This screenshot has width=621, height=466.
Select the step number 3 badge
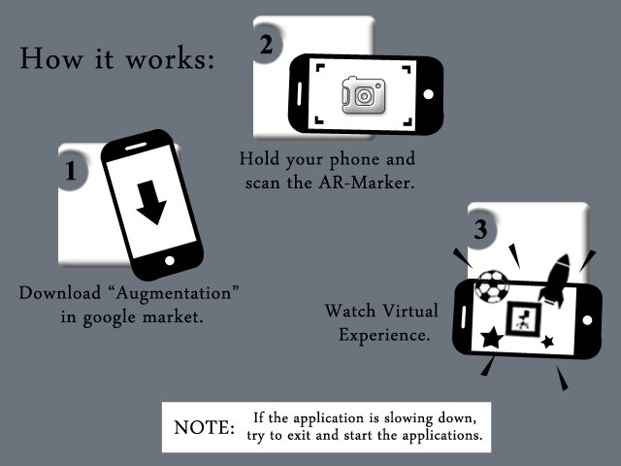[x=481, y=229]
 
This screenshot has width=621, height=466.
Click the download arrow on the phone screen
[x=151, y=202]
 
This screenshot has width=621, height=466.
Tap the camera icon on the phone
[x=364, y=95]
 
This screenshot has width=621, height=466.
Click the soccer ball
[x=492, y=286]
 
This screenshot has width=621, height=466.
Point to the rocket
[x=556, y=281]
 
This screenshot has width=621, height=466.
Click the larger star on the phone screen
[x=492, y=338]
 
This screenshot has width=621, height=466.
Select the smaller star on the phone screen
[x=547, y=341]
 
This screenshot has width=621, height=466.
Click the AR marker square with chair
[x=524, y=319]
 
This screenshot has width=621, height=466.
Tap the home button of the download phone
[x=170, y=261]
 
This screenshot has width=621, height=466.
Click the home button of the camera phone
[x=428, y=94]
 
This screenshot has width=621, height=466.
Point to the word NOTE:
[x=204, y=427]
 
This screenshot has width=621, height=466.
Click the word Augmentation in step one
[x=174, y=293]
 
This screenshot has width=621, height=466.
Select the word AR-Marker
[x=367, y=183]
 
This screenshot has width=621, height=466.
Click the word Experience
[x=384, y=335]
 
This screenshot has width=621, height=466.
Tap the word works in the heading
[x=170, y=59]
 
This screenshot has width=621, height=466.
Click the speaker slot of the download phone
[x=136, y=147]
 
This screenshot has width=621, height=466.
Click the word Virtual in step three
[x=410, y=311]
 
